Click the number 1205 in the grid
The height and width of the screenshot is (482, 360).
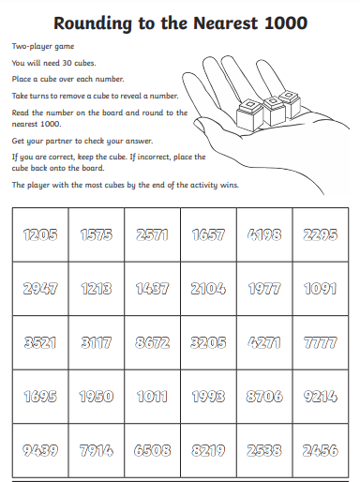pyautogui.click(x=40, y=234)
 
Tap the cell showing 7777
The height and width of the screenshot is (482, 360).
pyautogui.click(x=321, y=342)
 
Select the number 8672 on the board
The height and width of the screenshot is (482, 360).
pyautogui.click(x=153, y=342)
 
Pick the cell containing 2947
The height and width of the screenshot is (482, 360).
pyautogui.click(x=40, y=289)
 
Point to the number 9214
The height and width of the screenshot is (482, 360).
pyautogui.click(x=321, y=397)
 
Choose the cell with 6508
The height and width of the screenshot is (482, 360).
pyautogui.click(x=153, y=450)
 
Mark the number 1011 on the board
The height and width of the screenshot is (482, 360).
pyautogui.click(x=153, y=397)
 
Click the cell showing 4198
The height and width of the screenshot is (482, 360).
pyautogui.click(x=264, y=234)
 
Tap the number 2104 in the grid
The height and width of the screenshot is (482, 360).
pyautogui.click(x=208, y=289)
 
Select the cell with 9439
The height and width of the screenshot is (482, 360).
pyautogui.click(x=40, y=450)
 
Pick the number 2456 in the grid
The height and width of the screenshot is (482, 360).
pyautogui.click(x=321, y=450)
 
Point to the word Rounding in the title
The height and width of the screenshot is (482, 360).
pyautogui.click(x=93, y=23)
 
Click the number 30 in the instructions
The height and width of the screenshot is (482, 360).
pyautogui.click(x=67, y=63)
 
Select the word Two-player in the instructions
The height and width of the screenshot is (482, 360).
pyautogui.click(x=32, y=47)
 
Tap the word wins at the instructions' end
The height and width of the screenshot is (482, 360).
pyautogui.click(x=230, y=185)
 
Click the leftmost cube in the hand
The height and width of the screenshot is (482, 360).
pyautogui.click(x=249, y=115)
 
